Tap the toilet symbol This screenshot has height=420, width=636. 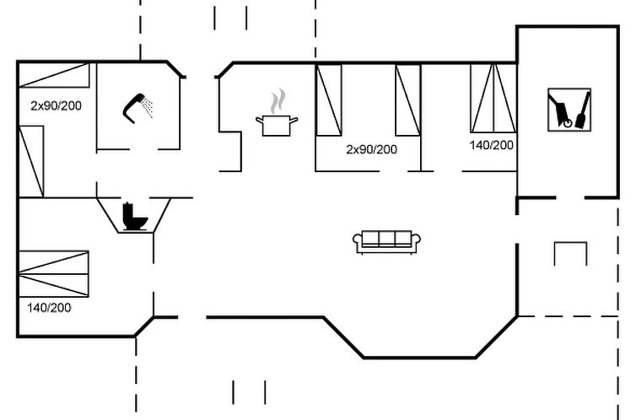134,217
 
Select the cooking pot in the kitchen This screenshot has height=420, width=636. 277,125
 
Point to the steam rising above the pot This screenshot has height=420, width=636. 277,103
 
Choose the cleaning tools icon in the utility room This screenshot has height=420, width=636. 569,110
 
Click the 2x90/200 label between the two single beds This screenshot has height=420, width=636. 371,149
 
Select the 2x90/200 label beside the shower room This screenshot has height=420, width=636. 56,106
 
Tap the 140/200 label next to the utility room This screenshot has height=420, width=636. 492,145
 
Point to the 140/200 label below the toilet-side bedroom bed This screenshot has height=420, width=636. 49,308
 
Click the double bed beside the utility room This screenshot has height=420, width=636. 493,98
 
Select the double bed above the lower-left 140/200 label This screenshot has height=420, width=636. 53,273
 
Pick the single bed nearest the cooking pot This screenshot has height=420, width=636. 329,98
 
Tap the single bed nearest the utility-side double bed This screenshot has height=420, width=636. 408,98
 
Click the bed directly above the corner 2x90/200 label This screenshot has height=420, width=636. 54,75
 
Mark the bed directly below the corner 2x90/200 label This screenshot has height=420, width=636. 31,161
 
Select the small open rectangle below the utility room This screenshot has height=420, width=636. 570,253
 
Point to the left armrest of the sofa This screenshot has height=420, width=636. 358,243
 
